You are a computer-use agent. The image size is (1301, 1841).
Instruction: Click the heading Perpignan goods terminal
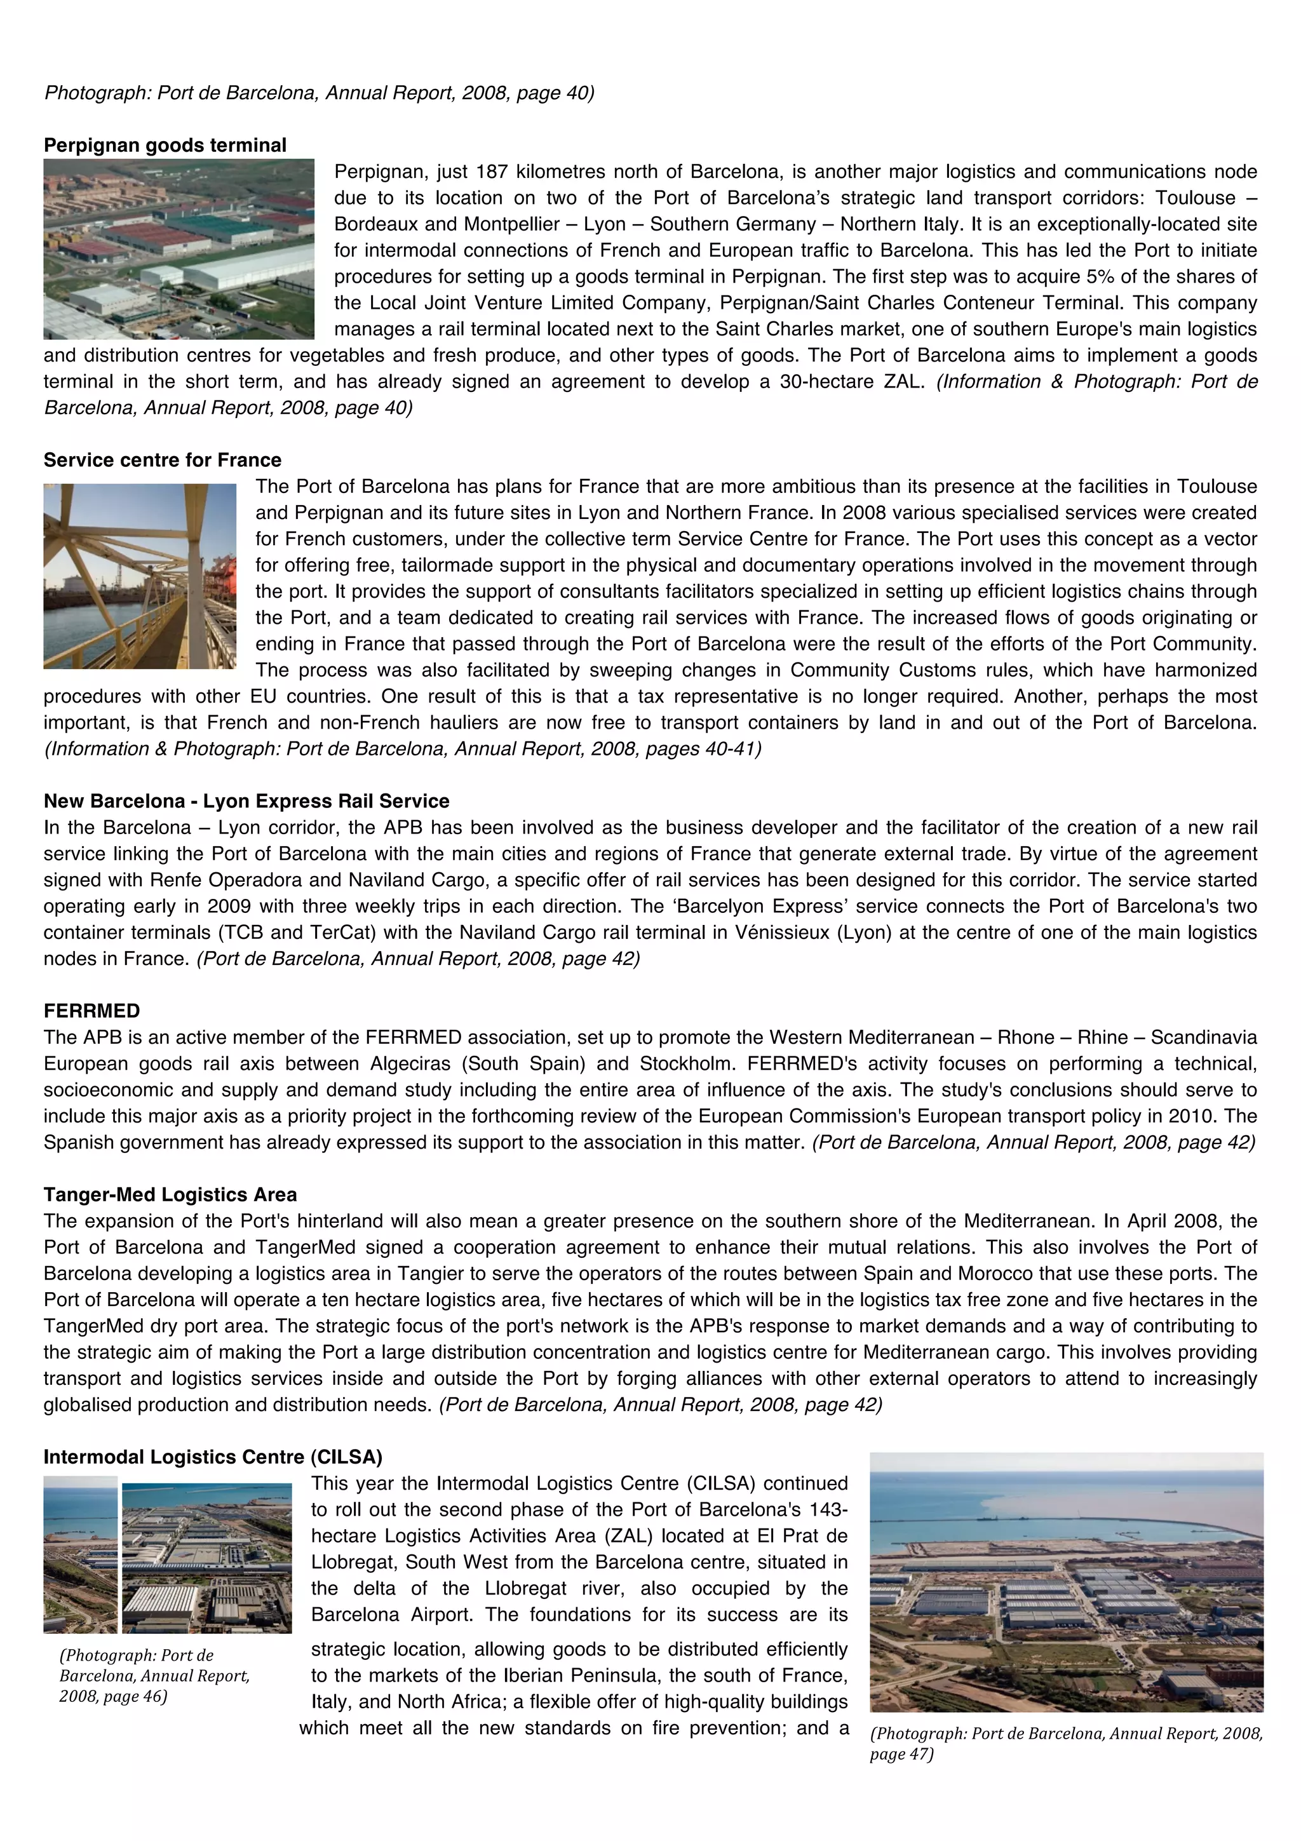pyautogui.click(x=165, y=145)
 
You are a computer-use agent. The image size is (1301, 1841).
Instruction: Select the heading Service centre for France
pyautogui.click(x=162, y=459)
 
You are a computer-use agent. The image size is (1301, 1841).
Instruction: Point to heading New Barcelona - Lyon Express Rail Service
pyautogui.click(x=246, y=800)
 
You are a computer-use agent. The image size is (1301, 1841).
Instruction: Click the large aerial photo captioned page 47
pyautogui.click(x=1066, y=1581)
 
